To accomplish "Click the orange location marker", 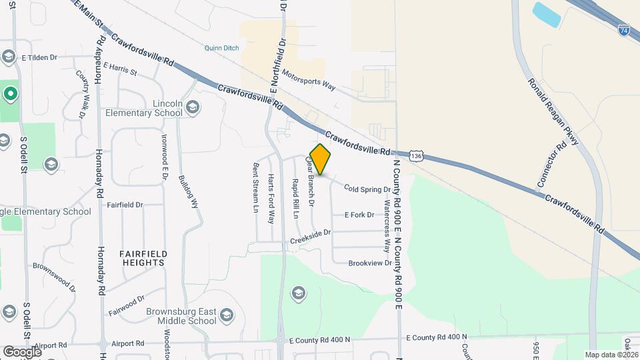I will [320, 160].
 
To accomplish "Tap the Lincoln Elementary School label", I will [144, 109].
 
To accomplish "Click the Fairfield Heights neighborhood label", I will [143, 258].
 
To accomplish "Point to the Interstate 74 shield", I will [623, 31].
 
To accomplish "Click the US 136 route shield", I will [417, 155].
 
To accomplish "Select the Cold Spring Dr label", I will [367, 189].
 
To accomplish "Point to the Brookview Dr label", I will [370, 263].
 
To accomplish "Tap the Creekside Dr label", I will [310, 236].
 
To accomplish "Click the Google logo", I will [22, 351].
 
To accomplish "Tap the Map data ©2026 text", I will [611, 355].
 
